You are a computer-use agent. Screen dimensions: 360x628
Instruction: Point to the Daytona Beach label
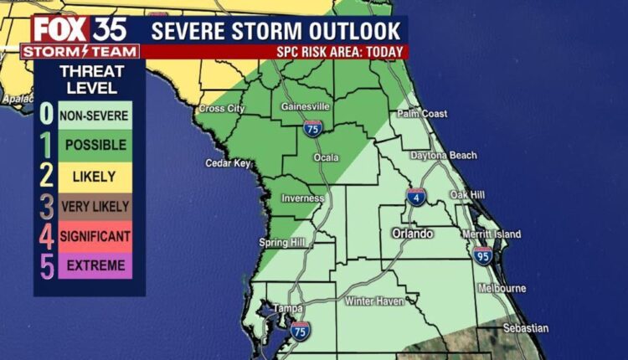[x=444, y=156]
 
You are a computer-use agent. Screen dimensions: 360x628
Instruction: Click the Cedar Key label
[x=229, y=163]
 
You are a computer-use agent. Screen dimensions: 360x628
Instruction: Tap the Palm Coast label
[x=422, y=114]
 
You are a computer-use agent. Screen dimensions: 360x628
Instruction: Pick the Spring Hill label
[x=282, y=243]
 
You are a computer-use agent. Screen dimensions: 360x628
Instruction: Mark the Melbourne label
[x=502, y=288]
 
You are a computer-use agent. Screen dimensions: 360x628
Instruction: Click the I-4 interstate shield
[x=420, y=198]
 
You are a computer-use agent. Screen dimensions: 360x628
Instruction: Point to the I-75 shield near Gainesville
[x=312, y=128]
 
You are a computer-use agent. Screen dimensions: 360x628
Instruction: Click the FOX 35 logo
[x=80, y=29]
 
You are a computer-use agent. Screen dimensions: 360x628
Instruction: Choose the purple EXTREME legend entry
[x=95, y=265]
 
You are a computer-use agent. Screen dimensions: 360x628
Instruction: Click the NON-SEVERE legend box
[x=95, y=115]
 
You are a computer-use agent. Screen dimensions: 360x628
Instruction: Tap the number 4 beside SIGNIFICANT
[x=47, y=236]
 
